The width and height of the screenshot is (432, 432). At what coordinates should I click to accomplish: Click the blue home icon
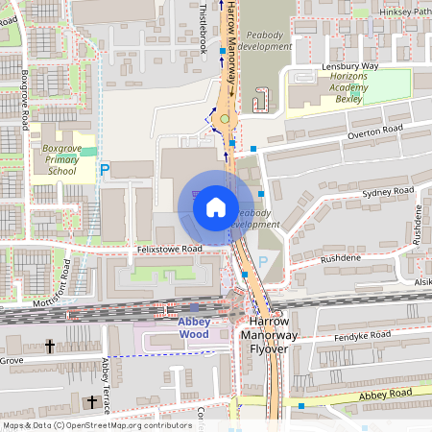click(x=215, y=206)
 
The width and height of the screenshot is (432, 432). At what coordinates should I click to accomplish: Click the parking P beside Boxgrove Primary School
click(x=106, y=170)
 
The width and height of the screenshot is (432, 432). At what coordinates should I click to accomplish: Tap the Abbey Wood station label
click(x=194, y=327)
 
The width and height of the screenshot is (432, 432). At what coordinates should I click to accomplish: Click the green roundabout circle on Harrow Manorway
click(x=225, y=119)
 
